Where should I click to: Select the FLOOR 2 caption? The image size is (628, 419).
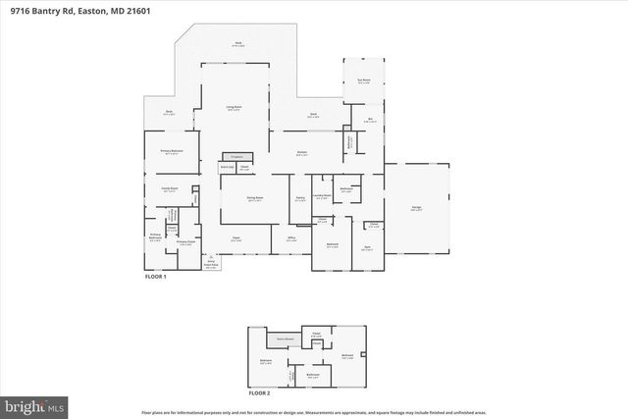coord(259,392)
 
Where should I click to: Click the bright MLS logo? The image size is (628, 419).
coord(34,403)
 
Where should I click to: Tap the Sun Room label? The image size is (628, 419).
coord(363,81)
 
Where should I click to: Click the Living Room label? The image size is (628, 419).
coord(235,108)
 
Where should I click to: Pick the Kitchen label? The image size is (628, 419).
coord(303,152)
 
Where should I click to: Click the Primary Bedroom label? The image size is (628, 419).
coord(171,151)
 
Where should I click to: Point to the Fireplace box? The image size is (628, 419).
coord(234,156)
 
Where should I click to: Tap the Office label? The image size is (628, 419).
coord(291,237)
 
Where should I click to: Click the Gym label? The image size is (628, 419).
coord(366,248)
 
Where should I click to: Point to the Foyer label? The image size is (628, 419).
coord(235,237)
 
